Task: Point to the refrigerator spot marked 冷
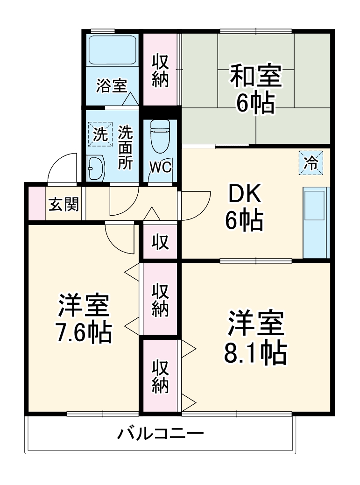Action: [311, 162]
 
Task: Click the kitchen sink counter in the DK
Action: [316, 222]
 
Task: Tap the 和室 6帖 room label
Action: [255, 90]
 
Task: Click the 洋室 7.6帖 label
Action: [84, 319]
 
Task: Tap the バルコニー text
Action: [160, 435]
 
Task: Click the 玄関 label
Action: [64, 204]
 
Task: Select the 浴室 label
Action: [112, 86]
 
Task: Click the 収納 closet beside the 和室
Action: [161, 70]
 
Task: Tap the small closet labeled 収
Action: [160, 242]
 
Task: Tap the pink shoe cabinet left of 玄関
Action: [35, 204]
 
